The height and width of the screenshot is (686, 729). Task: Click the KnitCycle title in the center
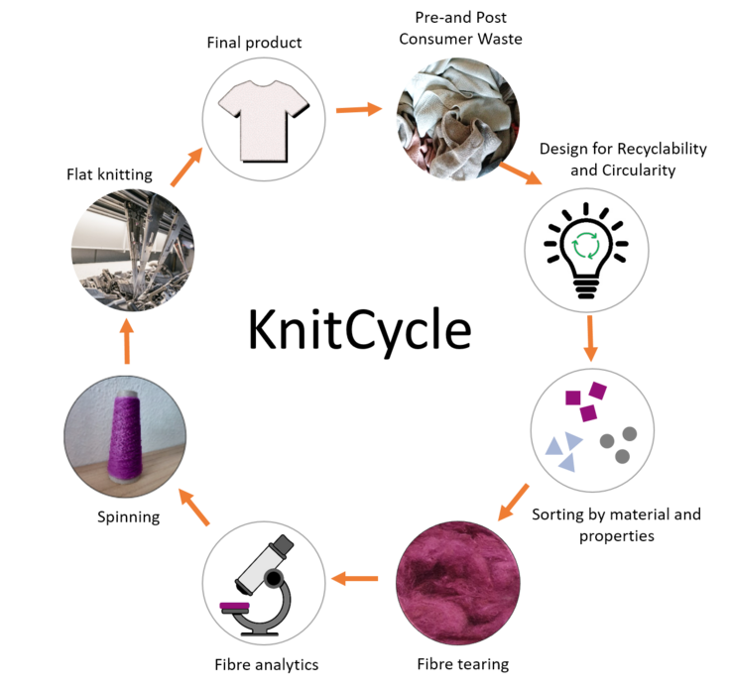[x=360, y=331]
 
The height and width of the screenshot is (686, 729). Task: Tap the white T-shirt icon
[x=264, y=121]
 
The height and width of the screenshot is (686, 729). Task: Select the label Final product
[x=254, y=43]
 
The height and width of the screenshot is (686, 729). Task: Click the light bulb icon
[x=586, y=250]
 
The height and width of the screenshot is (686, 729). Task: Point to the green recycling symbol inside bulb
[x=586, y=245]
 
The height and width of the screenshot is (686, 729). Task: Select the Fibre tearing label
[x=463, y=663]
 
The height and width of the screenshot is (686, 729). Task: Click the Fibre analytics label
[x=267, y=664]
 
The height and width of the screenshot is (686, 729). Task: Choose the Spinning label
[x=128, y=517]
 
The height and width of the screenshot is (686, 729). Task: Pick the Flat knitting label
[x=109, y=174]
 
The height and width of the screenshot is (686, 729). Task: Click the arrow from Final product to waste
[x=359, y=110]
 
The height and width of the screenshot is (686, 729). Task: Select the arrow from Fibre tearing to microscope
[x=355, y=579]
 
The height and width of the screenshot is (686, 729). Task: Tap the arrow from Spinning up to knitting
[x=127, y=342]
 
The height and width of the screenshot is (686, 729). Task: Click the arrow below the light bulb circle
[x=590, y=339]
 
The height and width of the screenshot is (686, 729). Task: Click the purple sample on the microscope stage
[x=235, y=606]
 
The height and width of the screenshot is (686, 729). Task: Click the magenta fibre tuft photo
[x=458, y=583]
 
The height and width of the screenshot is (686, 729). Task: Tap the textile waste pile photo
[x=458, y=119]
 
